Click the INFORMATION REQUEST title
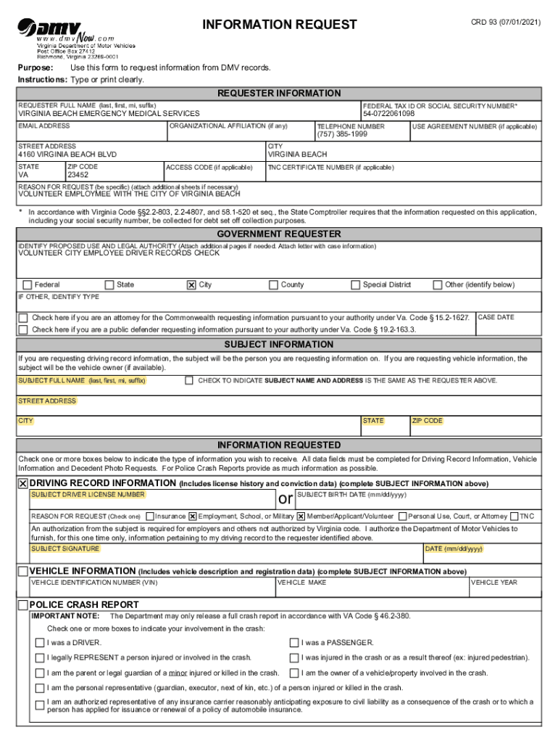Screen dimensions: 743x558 [280, 25]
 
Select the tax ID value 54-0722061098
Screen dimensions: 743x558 [389, 114]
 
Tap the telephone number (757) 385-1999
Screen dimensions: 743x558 [342, 134]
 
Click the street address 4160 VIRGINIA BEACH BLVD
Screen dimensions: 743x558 [67, 155]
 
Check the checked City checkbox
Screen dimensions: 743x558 [191, 285]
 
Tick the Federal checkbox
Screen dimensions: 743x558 [28, 285]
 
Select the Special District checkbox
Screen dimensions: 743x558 [356, 285]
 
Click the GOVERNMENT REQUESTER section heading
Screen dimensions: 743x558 [279, 234]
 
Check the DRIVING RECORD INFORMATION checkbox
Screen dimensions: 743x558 [23, 484]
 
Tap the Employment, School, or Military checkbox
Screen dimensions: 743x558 [193, 517]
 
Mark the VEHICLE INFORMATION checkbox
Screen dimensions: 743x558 [23, 572]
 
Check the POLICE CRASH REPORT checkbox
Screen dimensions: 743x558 [23, 605]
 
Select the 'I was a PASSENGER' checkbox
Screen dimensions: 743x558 [294, 643]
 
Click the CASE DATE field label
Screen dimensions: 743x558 [496, 318]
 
